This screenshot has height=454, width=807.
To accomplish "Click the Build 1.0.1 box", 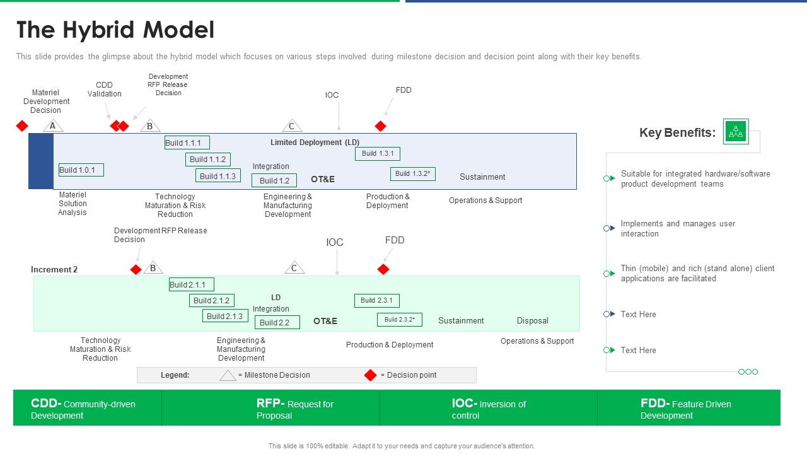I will (81, 170).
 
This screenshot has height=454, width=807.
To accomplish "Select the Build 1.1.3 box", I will (218, 176).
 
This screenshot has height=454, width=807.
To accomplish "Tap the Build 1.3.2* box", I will (413, 174).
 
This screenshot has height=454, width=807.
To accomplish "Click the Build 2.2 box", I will (277, 322).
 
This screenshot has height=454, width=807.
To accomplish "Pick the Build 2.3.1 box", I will (377, 301).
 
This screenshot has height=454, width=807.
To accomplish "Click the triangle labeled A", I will (53, 126).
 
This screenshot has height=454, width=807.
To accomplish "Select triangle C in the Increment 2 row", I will (294, 268).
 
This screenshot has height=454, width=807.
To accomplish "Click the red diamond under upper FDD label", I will (380, 126).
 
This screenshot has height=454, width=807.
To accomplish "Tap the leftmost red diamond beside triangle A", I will (22, 126).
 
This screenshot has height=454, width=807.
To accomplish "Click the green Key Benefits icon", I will (736, 131).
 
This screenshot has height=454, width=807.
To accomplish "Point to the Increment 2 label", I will (54, 269).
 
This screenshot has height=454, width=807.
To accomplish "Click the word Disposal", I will (532, 320).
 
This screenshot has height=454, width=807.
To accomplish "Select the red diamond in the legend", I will (371, 375).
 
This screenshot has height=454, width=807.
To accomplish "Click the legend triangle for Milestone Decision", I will (228, 375).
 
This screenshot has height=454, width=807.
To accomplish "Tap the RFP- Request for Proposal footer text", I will (294, 409).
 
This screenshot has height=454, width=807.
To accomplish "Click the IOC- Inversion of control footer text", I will (489, 409).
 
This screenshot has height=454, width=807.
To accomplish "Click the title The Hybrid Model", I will (115, 30).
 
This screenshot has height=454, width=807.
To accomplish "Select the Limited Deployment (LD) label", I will (315, 143).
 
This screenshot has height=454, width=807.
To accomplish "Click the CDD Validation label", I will (105, 90).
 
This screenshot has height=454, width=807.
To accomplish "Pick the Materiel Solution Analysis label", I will (73, 204).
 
